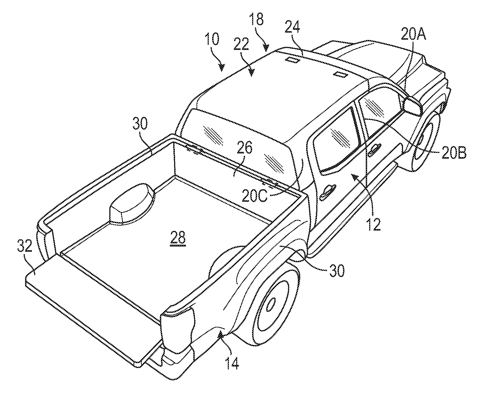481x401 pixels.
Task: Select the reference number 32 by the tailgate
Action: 25,246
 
